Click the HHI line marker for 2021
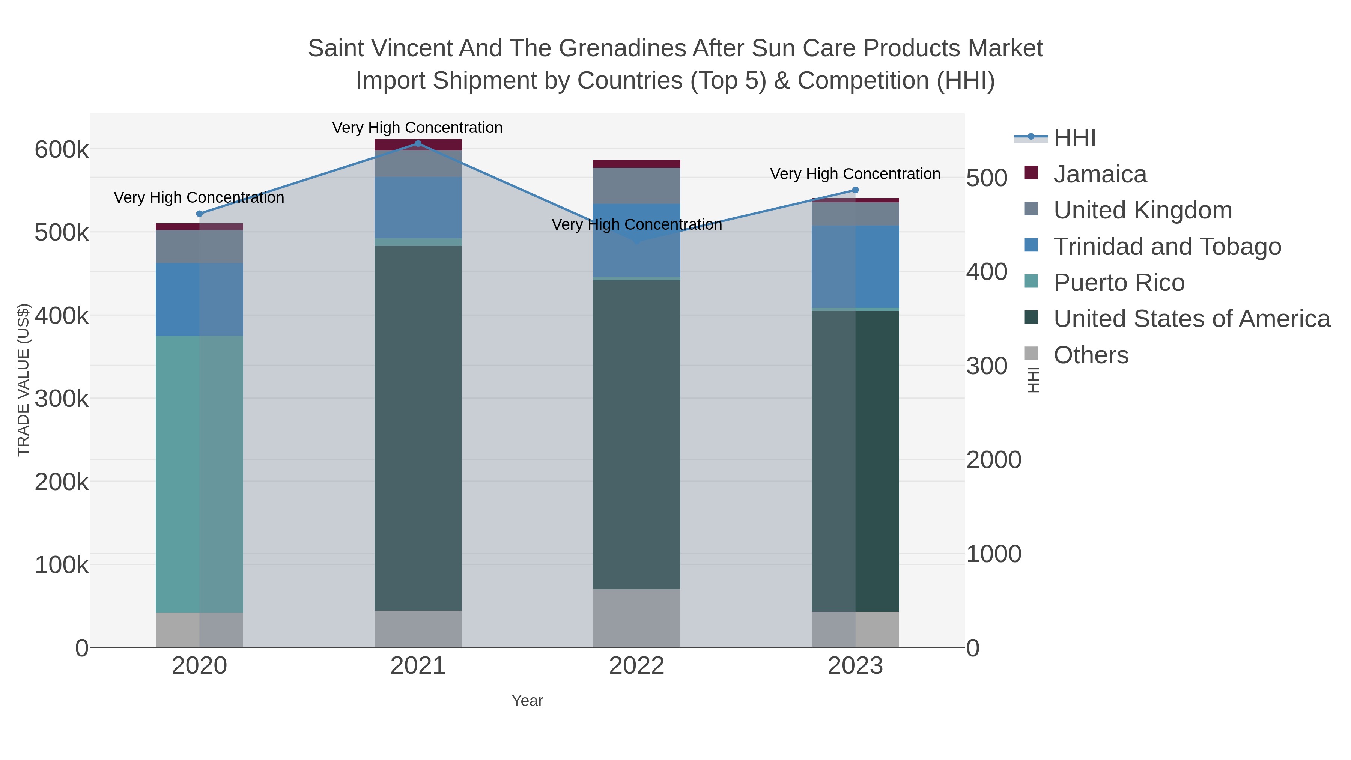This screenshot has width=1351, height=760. click(418, 143)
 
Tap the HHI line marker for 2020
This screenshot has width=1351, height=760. click(199, 214)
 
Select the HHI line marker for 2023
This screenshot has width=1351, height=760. click(855, 190)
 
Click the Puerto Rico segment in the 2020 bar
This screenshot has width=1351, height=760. click(199, 472)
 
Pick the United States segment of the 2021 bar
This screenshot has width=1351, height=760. click(418, 427)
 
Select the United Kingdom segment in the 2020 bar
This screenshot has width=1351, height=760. click(199, 247)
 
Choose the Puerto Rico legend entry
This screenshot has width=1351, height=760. click(1118, 283)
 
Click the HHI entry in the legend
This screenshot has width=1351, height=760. click(1074, 138)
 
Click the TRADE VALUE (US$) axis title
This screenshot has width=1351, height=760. click(24, 380)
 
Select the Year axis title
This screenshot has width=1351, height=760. click(527, 701)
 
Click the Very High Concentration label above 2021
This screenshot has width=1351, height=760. click(417, 128)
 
